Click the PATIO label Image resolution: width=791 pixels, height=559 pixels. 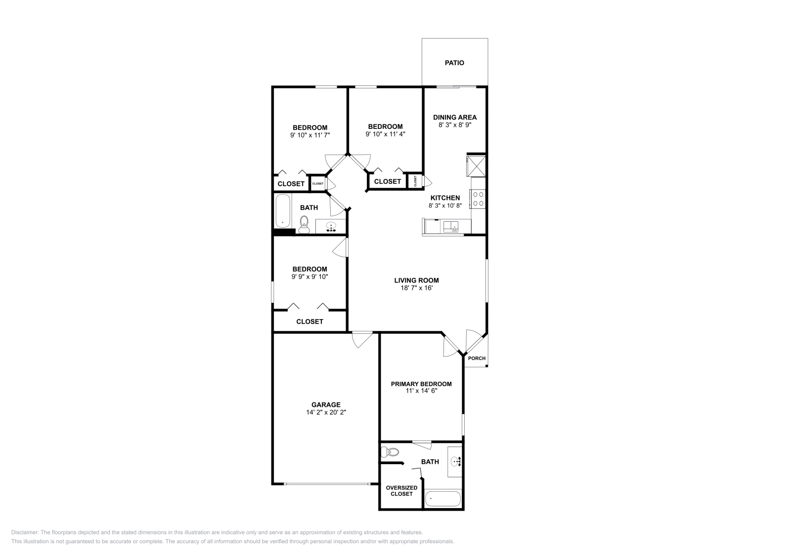coord(454,63)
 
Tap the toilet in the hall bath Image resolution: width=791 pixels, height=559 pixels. coord(304,224)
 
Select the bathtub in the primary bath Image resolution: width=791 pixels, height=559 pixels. coord(443,499)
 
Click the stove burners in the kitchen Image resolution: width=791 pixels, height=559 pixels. coord(479,199)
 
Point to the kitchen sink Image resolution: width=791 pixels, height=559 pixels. coord(451,227)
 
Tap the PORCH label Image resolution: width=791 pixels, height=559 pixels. coord(477,359)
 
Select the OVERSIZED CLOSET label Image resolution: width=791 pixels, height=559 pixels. coord(401,491)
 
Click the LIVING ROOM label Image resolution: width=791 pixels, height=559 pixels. coord(416,280)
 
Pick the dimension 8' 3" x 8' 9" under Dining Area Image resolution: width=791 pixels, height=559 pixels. coord(455,125)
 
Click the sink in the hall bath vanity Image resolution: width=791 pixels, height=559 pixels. coord(331,227)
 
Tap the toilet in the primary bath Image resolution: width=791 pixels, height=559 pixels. coord(392,451)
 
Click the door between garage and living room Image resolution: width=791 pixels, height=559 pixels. coord(362,340)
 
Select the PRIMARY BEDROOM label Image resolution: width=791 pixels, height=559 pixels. coord(421,384)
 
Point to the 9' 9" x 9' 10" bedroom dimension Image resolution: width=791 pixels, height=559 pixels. coord(309,277)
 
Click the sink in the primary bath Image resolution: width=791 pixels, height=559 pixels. coord(455,462)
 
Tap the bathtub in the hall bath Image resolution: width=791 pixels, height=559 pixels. coord(283,211)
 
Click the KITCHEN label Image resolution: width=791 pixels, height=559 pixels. coord(445,198)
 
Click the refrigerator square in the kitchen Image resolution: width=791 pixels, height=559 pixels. coord(477,166)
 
